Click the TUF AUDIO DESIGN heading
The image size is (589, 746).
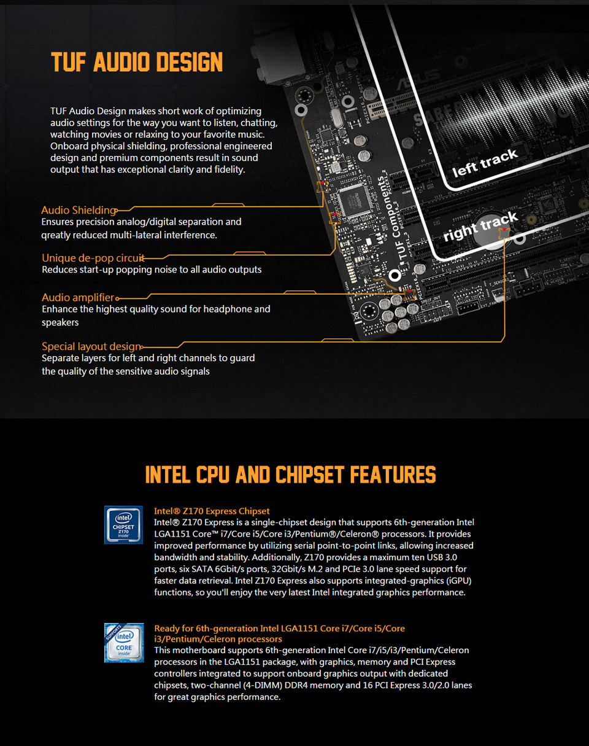click(137, 62)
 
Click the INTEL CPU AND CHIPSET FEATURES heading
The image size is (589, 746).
click(291, 475)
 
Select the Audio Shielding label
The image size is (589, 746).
click(78, 210)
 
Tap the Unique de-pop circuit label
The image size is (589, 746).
click(93, 258)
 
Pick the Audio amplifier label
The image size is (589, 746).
click(78, 298)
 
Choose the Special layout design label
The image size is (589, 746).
click(91, 346)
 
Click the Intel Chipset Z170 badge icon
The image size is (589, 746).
click(123, 524)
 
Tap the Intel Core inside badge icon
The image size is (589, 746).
click(123, 642)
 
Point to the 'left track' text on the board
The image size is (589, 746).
click(485, 163)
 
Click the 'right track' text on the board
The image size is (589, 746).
click(480, 227)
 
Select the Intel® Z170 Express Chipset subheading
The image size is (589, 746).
click(212, 511)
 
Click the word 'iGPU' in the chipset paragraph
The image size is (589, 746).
click(453, 581)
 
